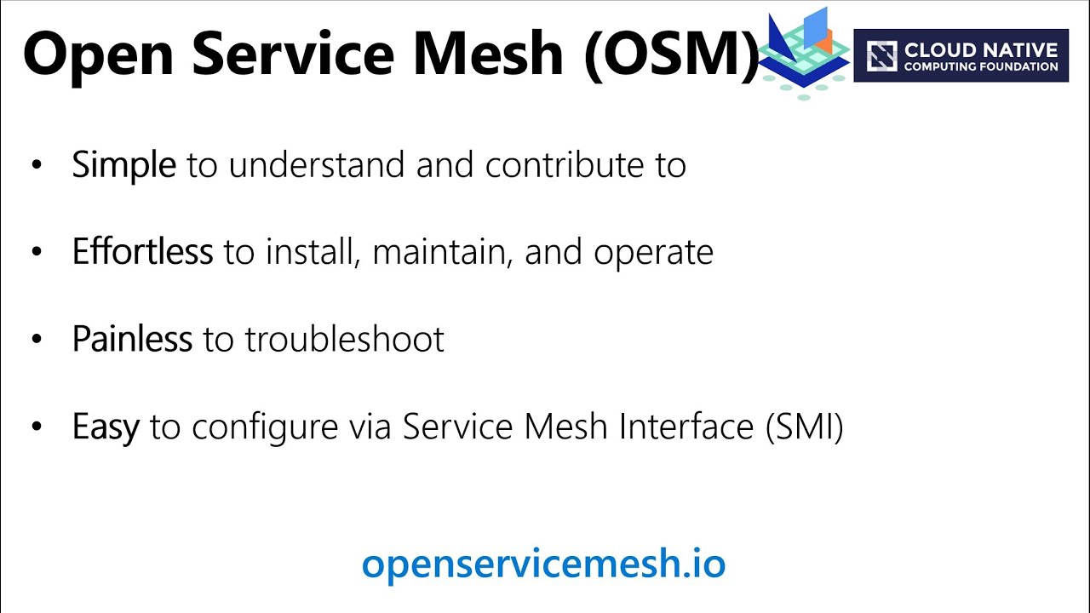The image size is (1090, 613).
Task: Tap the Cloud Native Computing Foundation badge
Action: pos(961,55)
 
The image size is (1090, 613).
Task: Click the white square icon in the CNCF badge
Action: pos(881,56)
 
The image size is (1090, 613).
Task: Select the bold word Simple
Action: pos(123,164)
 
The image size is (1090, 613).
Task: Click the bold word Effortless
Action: pos(142,252)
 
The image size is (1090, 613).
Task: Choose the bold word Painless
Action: pos(132,339)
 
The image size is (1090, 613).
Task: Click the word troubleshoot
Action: pos(344,339)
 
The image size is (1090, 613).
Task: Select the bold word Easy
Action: pos(106,427)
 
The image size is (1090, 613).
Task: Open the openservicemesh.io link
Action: pos(543,564)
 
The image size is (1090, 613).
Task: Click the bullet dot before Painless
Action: pos(36,340)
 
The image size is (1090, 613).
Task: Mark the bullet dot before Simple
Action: pos(36,165)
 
